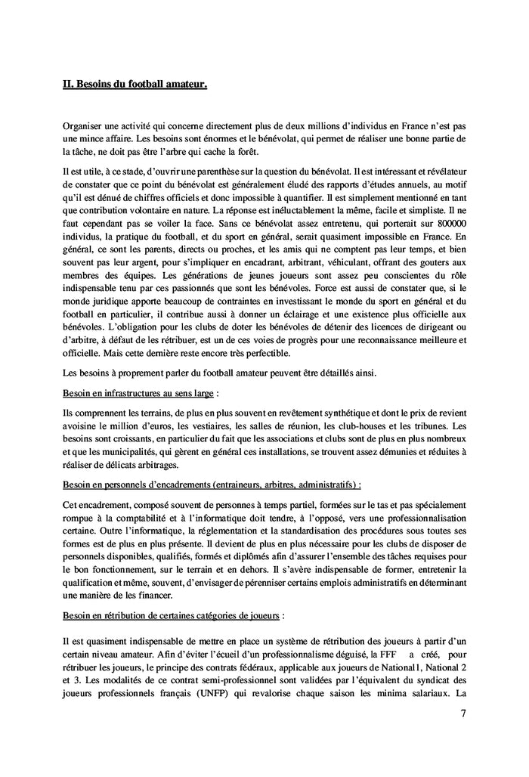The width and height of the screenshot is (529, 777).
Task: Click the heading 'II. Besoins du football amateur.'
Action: click(135, 86)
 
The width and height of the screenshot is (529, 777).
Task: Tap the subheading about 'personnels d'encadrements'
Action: click(212, 483)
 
